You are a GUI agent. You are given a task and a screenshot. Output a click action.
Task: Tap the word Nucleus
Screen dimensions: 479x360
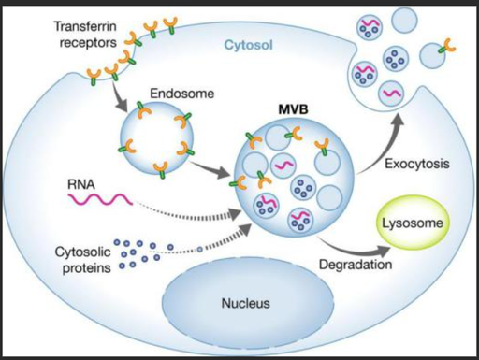click(246, 303)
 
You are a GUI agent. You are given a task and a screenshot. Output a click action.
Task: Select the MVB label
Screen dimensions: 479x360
click(293, 109)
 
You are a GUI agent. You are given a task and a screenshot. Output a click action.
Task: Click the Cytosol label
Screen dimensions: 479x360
click(249, 45)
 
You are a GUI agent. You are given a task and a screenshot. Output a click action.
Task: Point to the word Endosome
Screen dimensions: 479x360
click(182, 94)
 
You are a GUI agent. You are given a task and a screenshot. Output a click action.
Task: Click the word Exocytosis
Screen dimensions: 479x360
click(417, 164)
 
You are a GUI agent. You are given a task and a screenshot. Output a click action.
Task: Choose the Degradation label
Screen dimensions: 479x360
click(356, 265)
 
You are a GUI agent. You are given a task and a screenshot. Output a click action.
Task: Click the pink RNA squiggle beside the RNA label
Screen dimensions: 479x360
click(100, 199)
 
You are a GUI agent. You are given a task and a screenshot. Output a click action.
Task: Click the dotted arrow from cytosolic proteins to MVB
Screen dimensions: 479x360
click(212, 243)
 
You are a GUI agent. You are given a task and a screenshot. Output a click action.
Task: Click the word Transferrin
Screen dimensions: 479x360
click(85, 26)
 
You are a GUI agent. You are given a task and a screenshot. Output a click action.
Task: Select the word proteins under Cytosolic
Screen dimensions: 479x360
click(87, 268)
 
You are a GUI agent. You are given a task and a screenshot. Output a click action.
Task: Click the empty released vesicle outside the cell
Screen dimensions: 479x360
click(404, 20)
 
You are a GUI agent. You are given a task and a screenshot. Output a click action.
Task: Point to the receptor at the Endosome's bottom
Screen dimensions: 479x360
click(161, 169)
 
